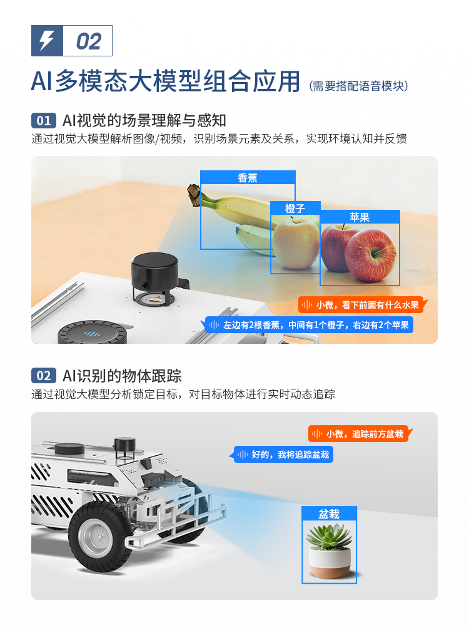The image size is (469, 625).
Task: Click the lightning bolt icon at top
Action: [46, 40]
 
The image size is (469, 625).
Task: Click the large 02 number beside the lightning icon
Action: [88, 41]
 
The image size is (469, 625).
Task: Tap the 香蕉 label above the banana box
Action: [248, 177]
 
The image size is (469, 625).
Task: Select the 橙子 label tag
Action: [295, 208]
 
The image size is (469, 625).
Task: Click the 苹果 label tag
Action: [360, 217]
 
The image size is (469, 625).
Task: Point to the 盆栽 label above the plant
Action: [329, 514]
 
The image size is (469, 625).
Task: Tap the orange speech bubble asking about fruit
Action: [362, 305]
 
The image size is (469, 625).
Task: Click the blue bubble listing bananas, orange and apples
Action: [309, 325]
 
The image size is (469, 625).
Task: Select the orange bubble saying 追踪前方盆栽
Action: [360, 433]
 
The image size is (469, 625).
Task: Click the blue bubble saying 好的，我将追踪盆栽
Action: [282, 455]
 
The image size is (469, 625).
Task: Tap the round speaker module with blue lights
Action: [93, 332]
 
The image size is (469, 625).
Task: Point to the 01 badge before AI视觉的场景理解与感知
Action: [43, 120]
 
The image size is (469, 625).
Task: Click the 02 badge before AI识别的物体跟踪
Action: [43, 376]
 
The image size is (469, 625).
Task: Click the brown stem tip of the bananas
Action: [194, 195]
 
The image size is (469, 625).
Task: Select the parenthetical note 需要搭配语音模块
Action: [359, 86]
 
